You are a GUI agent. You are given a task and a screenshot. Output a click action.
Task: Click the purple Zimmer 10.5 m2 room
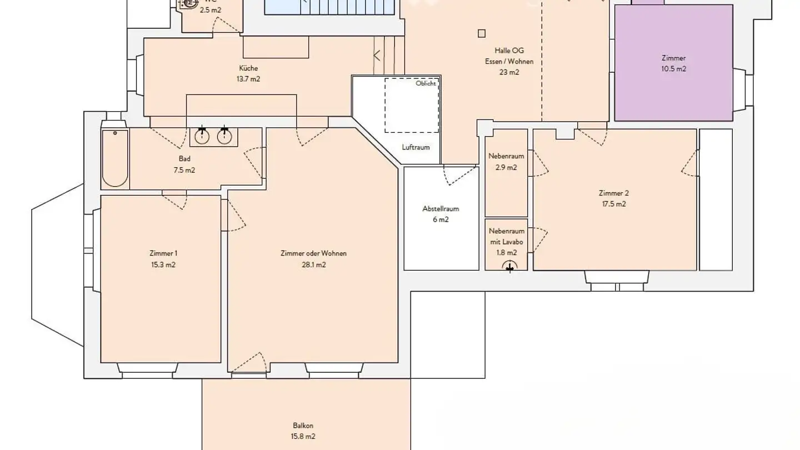coord(673,63)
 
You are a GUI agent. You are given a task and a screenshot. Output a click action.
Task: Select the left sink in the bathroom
coord(202,136)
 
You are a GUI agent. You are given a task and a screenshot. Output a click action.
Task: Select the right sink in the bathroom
coord(224,136)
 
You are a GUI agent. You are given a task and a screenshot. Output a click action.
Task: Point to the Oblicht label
coord(426,84)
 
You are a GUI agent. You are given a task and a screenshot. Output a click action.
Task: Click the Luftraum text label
coord(416,147)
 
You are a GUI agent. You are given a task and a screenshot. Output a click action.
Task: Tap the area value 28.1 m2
coord(313,265)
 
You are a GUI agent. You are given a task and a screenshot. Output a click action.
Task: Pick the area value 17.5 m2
coord(613,204)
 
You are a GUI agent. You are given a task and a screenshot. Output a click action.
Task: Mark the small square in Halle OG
coord(481,33)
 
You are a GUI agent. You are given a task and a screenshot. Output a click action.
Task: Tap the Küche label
coord(248,68)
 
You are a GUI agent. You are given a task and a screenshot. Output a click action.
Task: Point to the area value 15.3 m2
coord(163,265)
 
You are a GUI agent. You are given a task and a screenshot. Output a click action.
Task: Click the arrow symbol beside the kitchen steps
coord(377,55)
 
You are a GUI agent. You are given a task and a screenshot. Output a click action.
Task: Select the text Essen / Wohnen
coord(509,62)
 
